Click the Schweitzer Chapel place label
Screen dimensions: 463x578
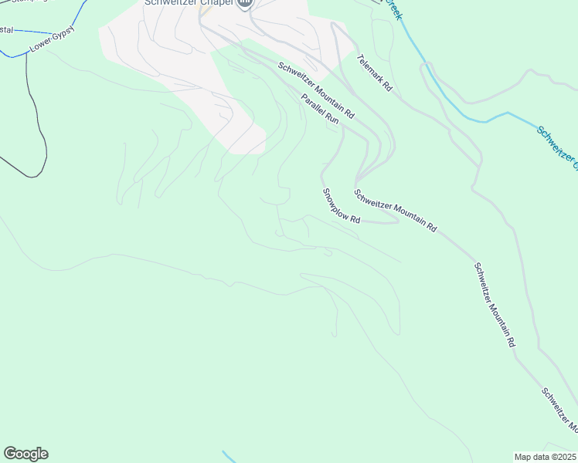click(x=189, y=3)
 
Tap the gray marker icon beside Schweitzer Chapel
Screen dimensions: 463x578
click(x=245, y=4)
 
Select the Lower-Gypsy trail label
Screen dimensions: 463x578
click(x=52, y=41)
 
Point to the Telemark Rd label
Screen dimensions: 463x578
click(x=375, y=73)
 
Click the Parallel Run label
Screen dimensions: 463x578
click(x=321, y=109)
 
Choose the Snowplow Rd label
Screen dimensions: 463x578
click(x=342, y=206)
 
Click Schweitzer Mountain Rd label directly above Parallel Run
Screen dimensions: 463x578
click(x=316, y=90)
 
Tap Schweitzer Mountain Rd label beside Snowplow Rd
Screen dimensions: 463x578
click(x=396, y=210)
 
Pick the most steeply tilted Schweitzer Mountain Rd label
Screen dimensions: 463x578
click(x=494, y=305)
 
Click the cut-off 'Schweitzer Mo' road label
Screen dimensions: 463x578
click(x=559, y=408)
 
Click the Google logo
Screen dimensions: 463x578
click(x=25, y=454)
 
